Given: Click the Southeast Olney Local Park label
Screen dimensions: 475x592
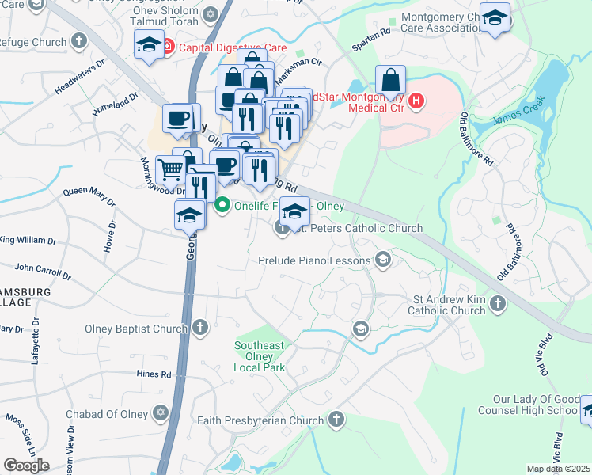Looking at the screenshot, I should (x=259, y=356).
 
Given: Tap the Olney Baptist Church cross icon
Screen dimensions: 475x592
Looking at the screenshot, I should (x=201, y=327).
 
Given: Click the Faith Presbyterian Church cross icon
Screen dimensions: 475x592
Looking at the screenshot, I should (x=337, y=419).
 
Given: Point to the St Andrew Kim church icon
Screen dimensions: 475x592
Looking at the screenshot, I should (x=498, y=302).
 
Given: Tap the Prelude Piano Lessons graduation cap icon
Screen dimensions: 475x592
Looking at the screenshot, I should (x=383, y=260).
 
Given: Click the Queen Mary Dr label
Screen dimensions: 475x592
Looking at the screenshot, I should (x=89, y=191).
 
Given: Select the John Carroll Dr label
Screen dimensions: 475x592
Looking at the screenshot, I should (x=42, y=272).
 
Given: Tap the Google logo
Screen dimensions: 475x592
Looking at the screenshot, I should (x=25, y=465).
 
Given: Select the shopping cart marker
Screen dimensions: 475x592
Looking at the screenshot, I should (x=171, y=168).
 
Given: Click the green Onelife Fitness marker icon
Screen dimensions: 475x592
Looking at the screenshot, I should (x=222, y=206).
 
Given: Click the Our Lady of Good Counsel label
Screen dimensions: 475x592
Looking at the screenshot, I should (x=534, y=405).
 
